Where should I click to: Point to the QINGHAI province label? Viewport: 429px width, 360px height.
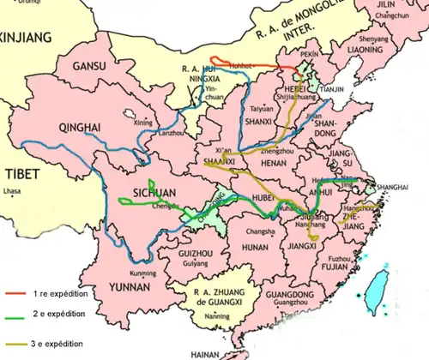pyautogui.click(x=80, y=128)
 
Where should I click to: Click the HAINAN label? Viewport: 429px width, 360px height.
pyautogui.click(x=205, y=353)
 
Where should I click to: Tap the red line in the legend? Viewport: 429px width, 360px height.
pyautogui.click(x=15, y=293)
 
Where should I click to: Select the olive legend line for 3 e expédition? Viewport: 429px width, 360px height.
pyautogui.click(x=15, y=343)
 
